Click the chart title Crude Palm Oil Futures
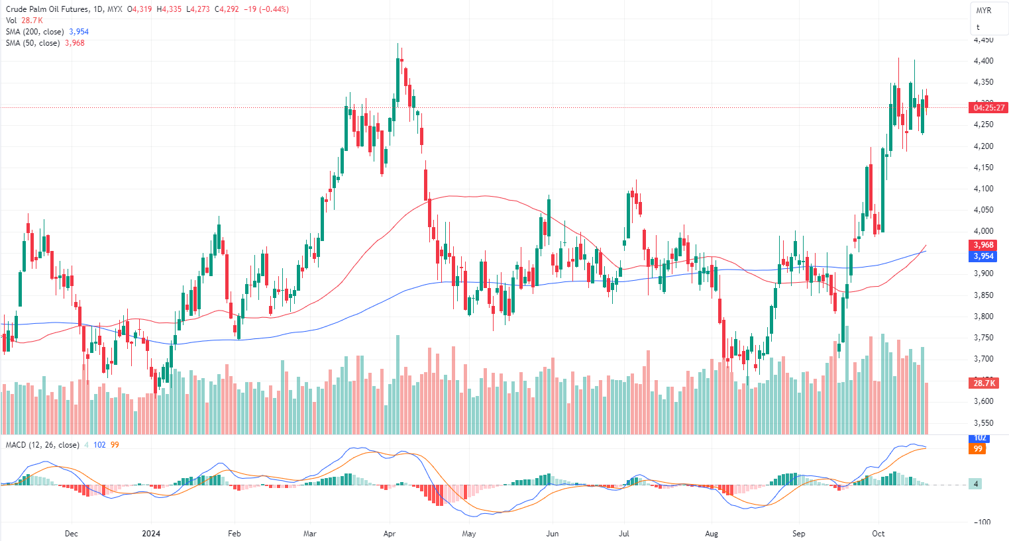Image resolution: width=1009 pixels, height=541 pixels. click(46, 9)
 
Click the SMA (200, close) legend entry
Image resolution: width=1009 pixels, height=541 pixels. click(34, 32)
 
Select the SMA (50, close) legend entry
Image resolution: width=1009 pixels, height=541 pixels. click(32, 43)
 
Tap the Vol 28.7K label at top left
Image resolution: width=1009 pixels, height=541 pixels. click(24, 21)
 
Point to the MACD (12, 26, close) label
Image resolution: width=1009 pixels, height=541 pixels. click(42, 445)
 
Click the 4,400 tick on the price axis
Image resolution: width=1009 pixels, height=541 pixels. click(983, 61)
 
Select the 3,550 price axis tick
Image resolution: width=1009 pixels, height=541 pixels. click(983, 422)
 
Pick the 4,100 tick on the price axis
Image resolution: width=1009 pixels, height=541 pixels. click(983, 189)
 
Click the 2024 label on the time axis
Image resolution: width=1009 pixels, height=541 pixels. click(151, 534)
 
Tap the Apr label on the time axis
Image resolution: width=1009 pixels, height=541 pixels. click(390, 534)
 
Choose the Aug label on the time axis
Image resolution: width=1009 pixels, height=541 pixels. click(712, 534)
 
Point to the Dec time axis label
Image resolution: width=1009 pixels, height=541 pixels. click(72, 534)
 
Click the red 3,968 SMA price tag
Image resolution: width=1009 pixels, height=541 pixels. click(983, 245)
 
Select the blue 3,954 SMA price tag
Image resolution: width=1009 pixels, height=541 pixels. click(983, 256)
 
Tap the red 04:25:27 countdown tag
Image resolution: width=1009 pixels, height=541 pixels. click(988, 107)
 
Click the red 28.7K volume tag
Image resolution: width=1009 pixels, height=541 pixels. click(984, 383)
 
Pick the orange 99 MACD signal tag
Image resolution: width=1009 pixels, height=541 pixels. click(978, 449)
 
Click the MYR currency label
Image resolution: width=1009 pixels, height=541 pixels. click(983, 11)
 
